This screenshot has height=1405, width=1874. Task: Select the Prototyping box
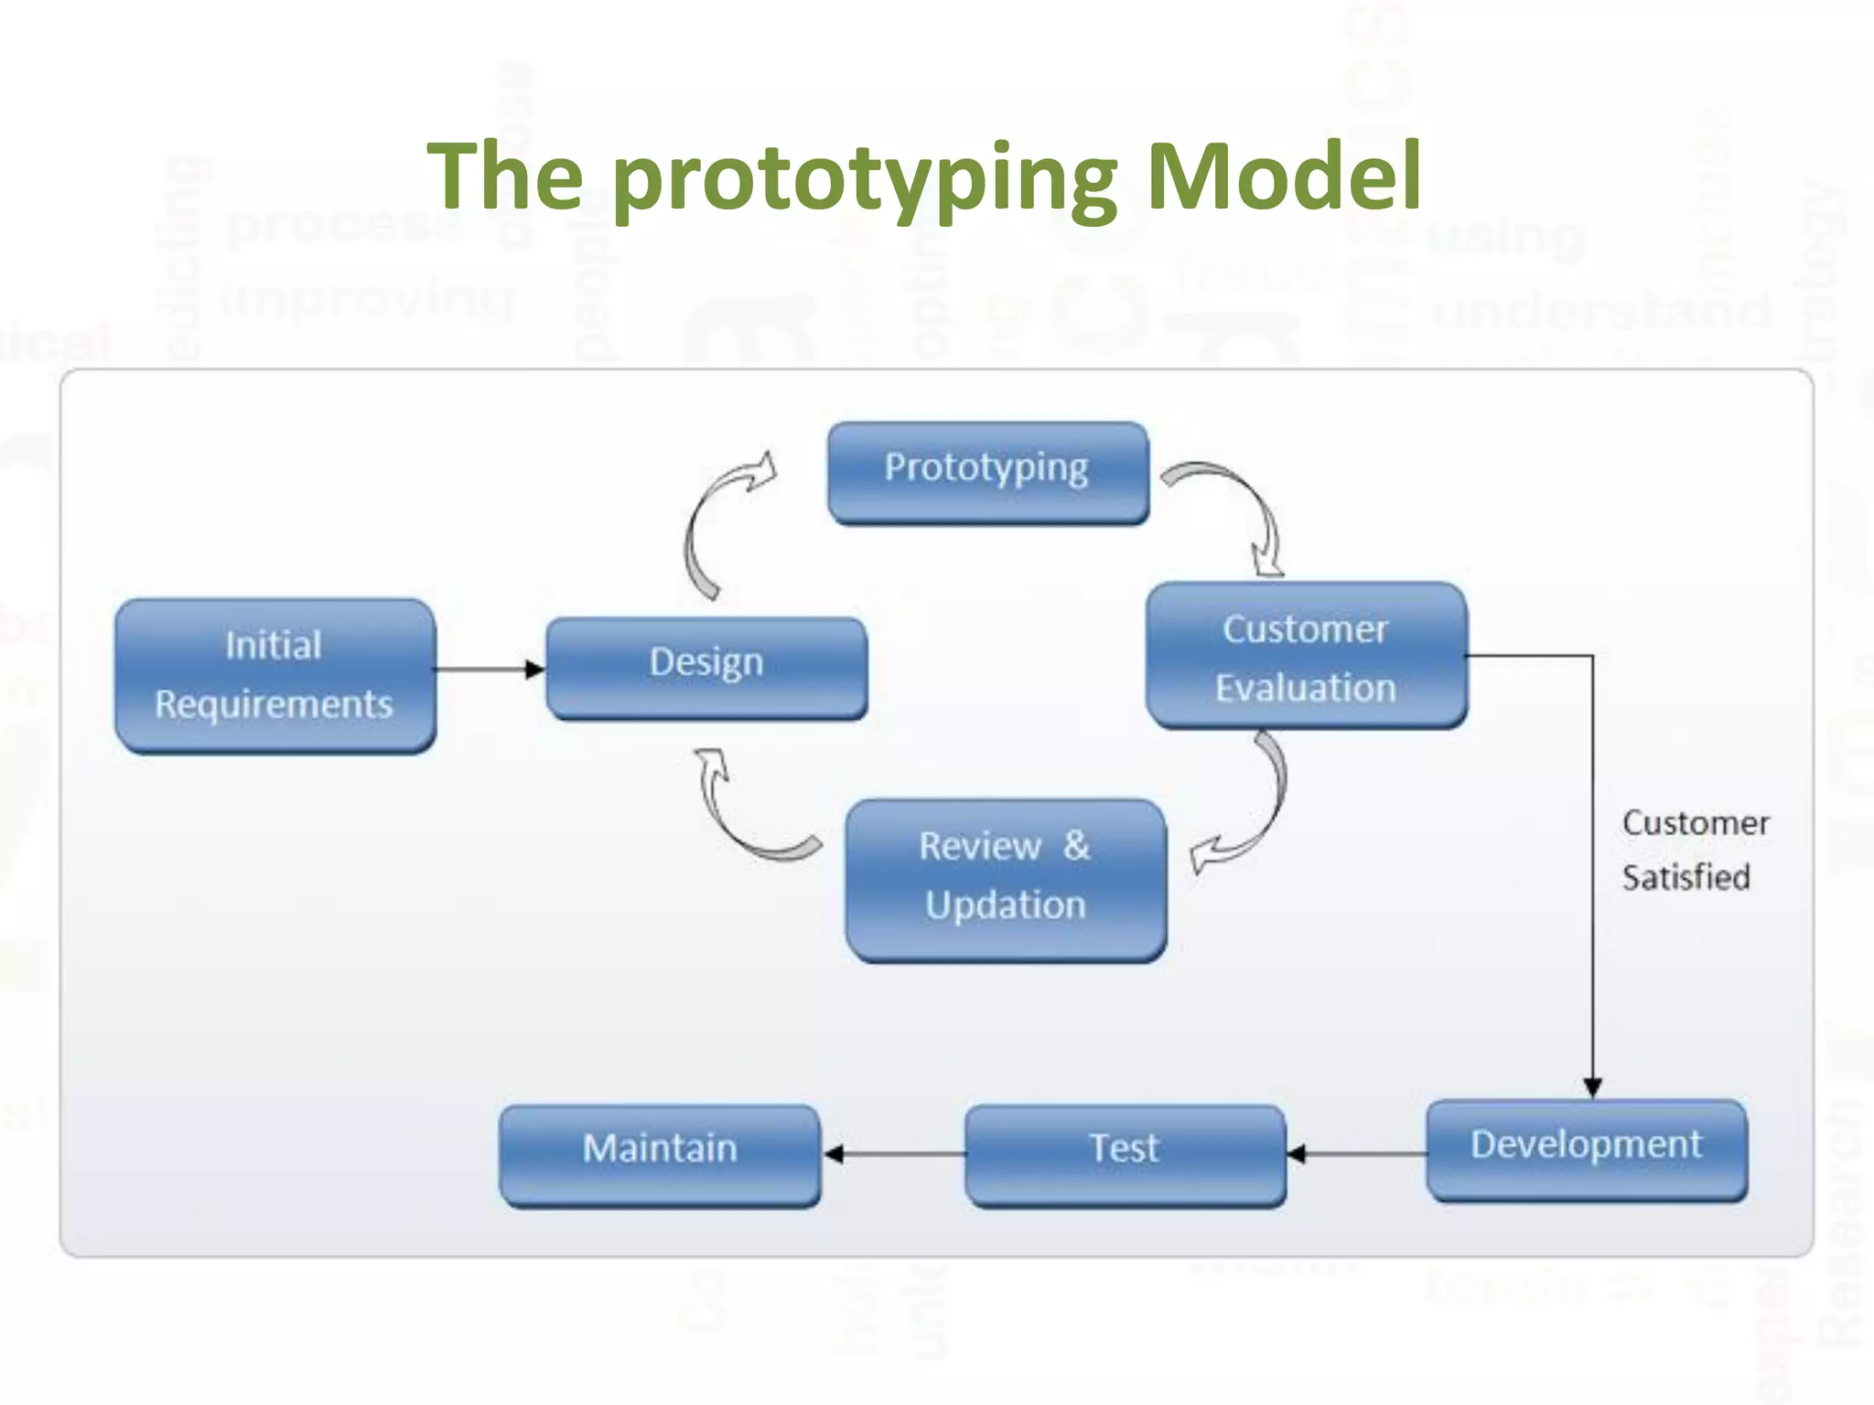click(x=987, y=473)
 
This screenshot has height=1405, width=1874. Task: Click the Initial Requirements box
click(x=275, y=676)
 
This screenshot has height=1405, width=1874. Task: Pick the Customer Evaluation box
click(x=1306, y=656)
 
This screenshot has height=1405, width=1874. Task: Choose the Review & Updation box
click(x=1006, y=879)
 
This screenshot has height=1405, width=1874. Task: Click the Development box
click(x=1586, y=1150)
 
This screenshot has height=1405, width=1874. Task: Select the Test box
click(x=1125, y=1154)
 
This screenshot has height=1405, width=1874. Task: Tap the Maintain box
click(x=660, y=1154)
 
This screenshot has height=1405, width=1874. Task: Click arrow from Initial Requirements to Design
click(x=490, y=670)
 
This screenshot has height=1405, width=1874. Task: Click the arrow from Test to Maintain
click(x=893, y=1154)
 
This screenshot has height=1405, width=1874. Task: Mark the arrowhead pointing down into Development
click(x=1592, y=1088)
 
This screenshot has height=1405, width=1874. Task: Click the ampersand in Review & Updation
click(x=1076, y=845)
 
